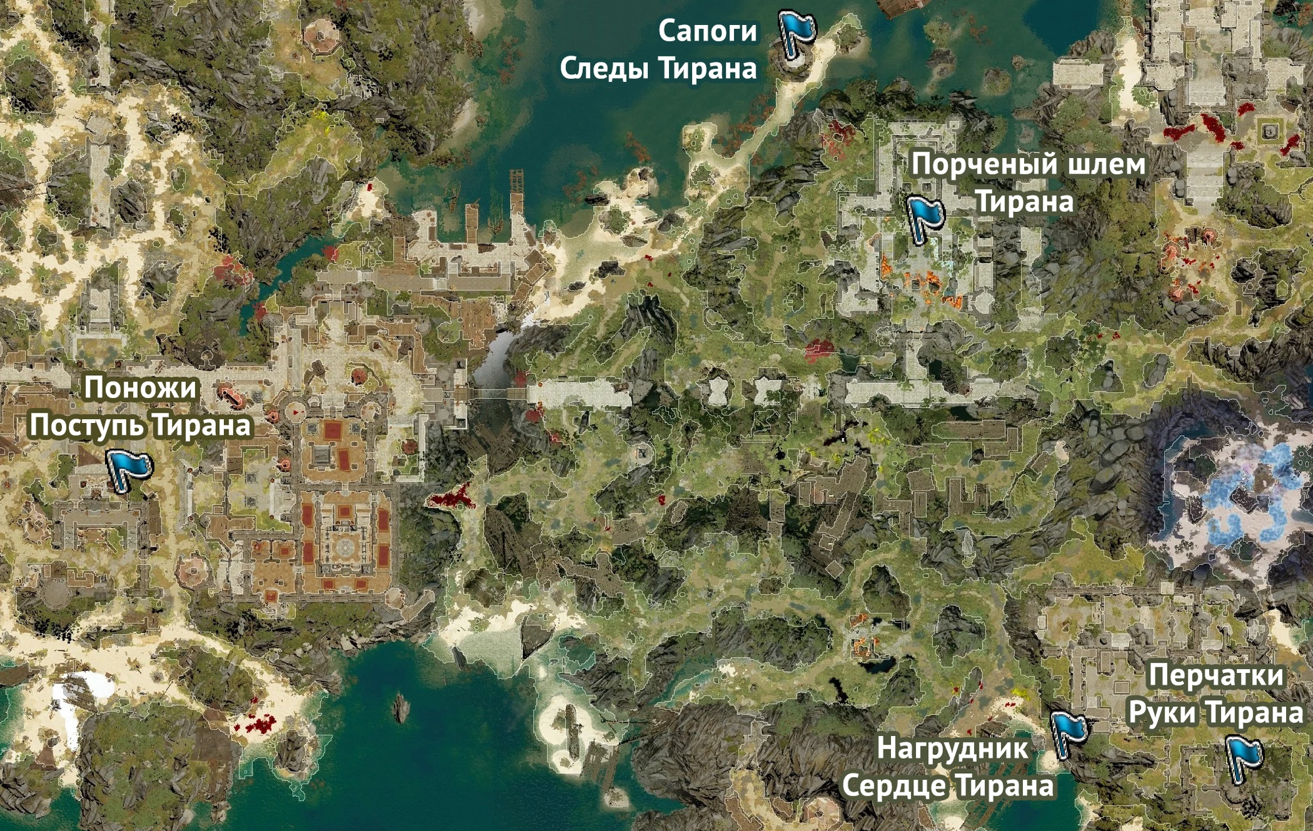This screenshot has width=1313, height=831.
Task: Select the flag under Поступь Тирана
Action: (x=129, y=468)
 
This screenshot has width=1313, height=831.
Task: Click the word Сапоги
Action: (x=707, y=31)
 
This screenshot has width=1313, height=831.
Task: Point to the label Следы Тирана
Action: (x=658, y=68)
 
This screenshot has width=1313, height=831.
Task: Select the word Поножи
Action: (x=140, y=388)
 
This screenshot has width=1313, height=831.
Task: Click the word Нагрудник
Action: (x=953, y=748)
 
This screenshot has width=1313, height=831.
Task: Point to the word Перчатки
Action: (x=1216, y=676)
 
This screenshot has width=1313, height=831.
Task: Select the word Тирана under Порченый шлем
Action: (x=1024, y=201)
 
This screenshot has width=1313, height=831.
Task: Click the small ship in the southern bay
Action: (x=400, y=707)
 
